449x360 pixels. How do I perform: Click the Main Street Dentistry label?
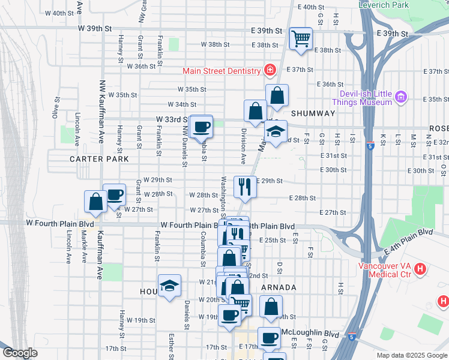(221, 71)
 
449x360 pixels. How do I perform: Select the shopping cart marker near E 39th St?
(301, 39)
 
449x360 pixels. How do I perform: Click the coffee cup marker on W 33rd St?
(202, 127)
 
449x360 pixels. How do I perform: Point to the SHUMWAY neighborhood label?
(313, 113)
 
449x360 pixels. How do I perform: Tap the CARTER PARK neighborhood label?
(99, 160)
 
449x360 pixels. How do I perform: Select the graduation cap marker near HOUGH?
(169, 286)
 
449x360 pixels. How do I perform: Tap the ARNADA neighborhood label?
(279, 287)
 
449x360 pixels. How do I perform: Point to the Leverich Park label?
(383, 5)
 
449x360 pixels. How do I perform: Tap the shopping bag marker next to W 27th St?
(95, 202)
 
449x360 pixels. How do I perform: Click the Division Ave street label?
(244, 146)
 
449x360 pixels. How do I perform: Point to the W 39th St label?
(95, 28)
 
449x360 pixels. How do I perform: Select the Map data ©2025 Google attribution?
(412, 355)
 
